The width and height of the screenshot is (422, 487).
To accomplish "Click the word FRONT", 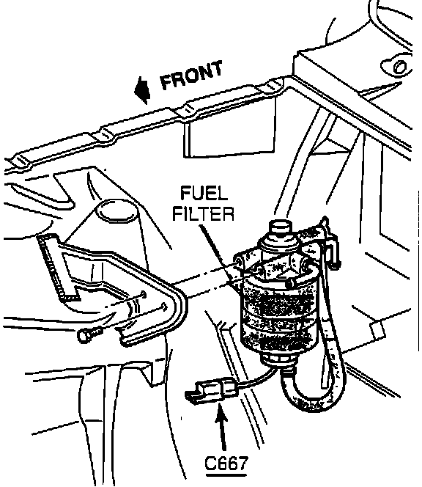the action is pyautogui.click(x=191, y=75).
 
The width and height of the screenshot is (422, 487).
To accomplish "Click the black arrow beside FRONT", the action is pyautogui.click(x=142, y=90).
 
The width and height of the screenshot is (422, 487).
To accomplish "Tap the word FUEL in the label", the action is pyautogui.click(x=204, y=193).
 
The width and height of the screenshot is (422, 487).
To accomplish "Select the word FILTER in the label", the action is pyautogui.click(x=204, y=213).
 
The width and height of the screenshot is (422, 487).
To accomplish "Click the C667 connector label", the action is pyautogui.click(x=226, y=464).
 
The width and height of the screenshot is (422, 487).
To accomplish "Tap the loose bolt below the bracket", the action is pyautogui.click(x=89, y=334).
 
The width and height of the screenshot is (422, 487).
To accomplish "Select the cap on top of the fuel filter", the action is pyautogui.click(x=280, y=230).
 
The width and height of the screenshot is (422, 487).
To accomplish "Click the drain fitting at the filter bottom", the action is pyautogui.click(x=279, y=361).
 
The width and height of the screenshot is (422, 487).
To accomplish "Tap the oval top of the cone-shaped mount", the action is pyautogui.click(x=117, y=211).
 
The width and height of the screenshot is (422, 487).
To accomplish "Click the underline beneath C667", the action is pyautogui.click(x=226, y=475).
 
